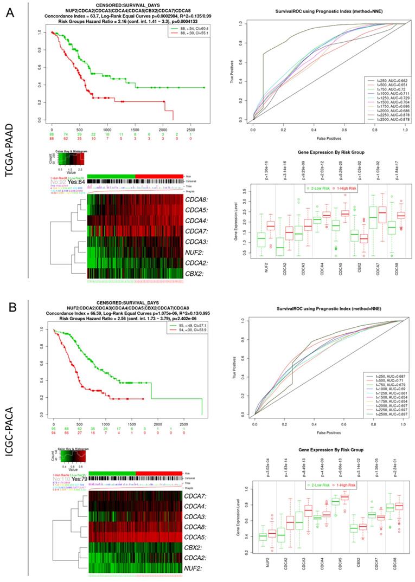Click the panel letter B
(9, 308)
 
